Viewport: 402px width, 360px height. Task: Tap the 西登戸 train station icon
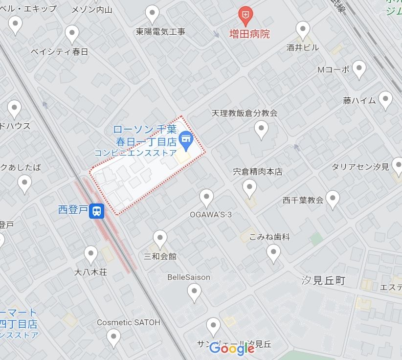click(x=98, y=211)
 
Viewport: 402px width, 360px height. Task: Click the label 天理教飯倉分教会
click(x=245, y=113)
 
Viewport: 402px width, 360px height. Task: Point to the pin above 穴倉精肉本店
click(x=250, y=187)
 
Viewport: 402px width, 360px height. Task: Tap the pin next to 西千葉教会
click(x=333, y=199)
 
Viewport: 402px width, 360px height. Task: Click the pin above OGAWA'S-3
click(x=207, y=198)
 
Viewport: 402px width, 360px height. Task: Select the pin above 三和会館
click(x=160, y=239)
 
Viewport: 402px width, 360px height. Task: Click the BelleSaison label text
click(x=189, y=277)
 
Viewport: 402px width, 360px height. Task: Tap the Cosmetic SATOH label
click(x=128, y=322)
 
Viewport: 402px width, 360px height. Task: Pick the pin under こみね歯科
click(x=273, y=253)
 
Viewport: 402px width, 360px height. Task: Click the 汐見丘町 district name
click(x=324, y=281)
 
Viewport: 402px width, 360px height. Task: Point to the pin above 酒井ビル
click(x=303, y=30)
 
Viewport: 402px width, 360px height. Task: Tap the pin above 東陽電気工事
click(x=153, y=14)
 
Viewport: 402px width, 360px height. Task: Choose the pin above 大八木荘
click(x=91, y=254)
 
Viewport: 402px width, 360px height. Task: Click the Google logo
click(x=232, y=348)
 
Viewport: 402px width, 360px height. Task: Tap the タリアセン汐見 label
click(x=360, y=167)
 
